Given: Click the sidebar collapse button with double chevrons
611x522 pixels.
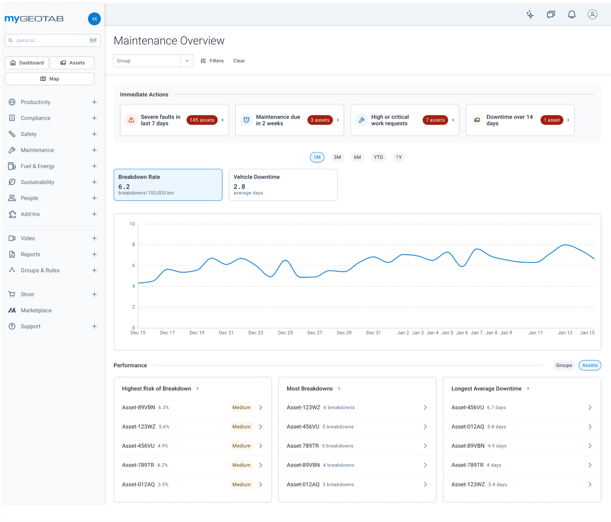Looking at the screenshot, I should tap(94, 19).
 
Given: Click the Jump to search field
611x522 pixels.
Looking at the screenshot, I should tap(49, 40).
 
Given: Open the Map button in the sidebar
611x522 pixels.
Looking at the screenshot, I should tap(50, 79).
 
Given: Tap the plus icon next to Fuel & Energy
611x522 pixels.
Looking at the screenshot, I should tap(94, 166).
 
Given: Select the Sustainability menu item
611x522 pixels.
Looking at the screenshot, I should tap(37, 182).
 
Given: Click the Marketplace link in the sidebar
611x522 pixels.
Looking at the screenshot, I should tap(36, 311).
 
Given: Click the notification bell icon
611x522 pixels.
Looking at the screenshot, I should tap(572, 15).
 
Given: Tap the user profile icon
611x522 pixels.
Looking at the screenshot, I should tap(592, 15).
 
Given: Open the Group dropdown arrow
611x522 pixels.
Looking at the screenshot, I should tap(187, 61).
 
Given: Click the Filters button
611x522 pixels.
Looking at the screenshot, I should tap(212, 61).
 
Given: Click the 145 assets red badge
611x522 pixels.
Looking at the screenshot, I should tap(202, 120).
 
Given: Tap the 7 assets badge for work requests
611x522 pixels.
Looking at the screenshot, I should tap(435, 120).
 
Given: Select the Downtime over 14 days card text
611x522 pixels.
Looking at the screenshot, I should tap(509, 120).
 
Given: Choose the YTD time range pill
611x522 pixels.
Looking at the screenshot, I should tap(378, 157).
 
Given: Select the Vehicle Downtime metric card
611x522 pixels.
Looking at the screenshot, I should tap(283, 185).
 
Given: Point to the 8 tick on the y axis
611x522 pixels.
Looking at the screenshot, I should tap(133, 245).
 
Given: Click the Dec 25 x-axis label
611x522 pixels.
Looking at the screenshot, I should tap(285, 333).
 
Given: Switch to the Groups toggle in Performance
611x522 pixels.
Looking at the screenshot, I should tap(564, 366).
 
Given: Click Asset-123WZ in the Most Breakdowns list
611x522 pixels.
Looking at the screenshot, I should tap(303, 408).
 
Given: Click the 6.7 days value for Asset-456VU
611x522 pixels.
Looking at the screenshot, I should tap(496, 408).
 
